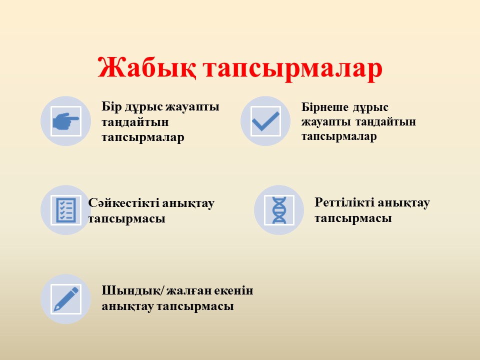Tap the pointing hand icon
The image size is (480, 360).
(66, 121)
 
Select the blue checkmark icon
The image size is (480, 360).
(265, 121)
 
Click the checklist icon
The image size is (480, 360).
(66, 210)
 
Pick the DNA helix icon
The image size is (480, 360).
(279, 210)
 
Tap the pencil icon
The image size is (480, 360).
(66, 299)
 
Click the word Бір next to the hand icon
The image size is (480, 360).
(111, 107)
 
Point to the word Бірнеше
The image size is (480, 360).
(325, 107)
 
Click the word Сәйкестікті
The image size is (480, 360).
(123, 203)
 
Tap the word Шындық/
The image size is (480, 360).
(132, 290)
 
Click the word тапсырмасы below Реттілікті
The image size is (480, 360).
(353, 219)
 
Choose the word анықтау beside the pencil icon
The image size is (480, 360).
(127, 306)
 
